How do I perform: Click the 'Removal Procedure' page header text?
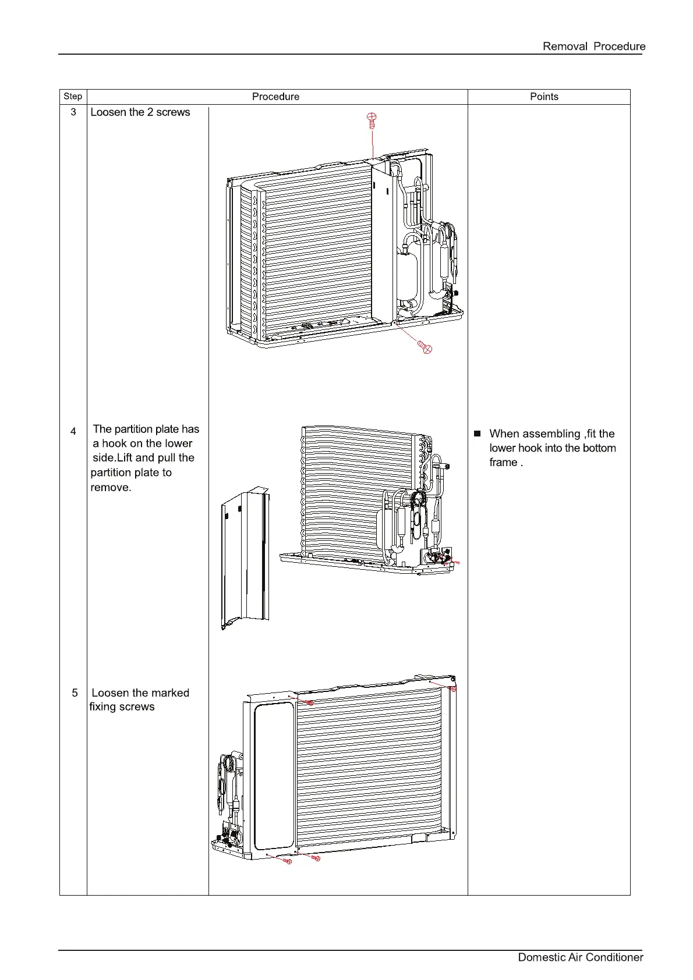coord(593,47)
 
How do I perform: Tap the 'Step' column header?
coord(73,97)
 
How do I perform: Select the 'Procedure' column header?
coord(275,97)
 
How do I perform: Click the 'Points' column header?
coord(544,97)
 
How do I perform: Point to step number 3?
coord(73,112)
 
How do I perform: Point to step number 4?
coord(73,431)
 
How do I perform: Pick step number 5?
coord(75,693)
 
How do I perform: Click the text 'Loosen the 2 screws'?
coord(140,112)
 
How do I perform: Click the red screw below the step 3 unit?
coord(426,347)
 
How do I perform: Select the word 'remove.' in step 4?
coord(111,487)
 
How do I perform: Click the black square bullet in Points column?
coord(478,434)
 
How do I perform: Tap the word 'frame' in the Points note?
coord(503,463)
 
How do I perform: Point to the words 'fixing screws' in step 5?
coord(122,707)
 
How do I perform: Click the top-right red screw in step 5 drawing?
coord(453,689)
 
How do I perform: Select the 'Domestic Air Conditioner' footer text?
coord(580,957)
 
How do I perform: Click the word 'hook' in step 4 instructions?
coord(115,443)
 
